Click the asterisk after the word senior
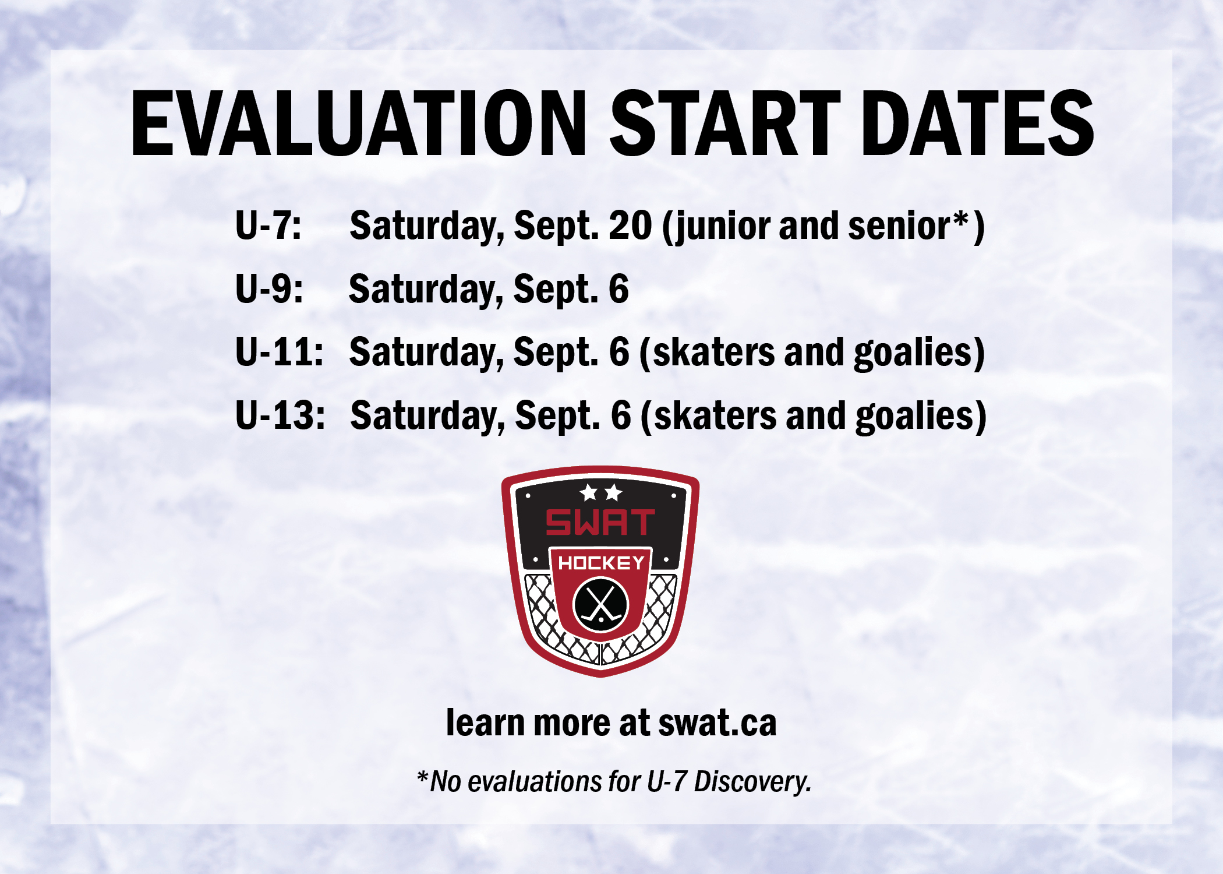tap(962, 220)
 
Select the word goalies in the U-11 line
tap(913, 353)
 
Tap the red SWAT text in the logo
tap(600, 521)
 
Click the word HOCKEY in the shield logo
tap(601, 562)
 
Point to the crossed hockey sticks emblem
tap(601, 604)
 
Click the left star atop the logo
tap(589, 492)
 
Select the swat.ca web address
tap(717, 723)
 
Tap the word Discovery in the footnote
tap(752, 781)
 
